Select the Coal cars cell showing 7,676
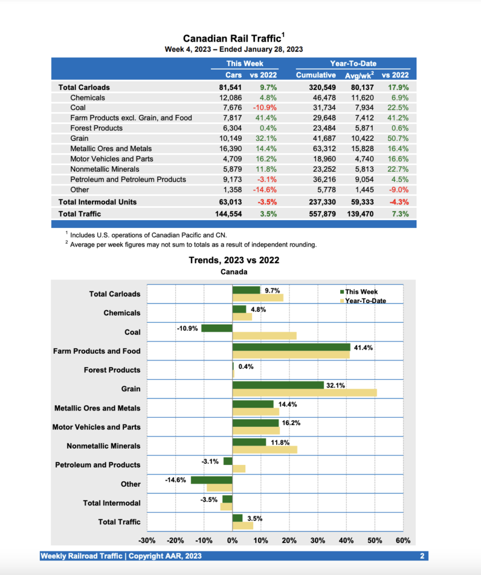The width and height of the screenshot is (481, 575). (231, 108)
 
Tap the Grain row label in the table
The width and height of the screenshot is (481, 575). (79, 138)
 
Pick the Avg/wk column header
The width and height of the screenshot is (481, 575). (359, 75)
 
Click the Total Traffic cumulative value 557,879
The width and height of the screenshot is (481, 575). (318, 214)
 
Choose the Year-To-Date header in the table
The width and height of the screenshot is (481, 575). (353, 63)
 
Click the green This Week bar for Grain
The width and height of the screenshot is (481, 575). (278, 385)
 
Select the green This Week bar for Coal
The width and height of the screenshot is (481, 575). (217, 328)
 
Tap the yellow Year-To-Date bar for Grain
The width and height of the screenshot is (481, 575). (304, 392)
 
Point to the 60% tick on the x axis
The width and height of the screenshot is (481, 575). (403, 541)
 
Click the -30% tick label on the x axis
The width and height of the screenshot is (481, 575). (147, 541)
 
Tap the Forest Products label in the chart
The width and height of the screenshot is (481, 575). (112, 370)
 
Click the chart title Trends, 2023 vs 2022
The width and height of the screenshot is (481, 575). (233, 260)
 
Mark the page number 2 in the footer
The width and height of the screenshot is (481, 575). (422, 556)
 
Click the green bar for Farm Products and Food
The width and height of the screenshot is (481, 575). (291, 347)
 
